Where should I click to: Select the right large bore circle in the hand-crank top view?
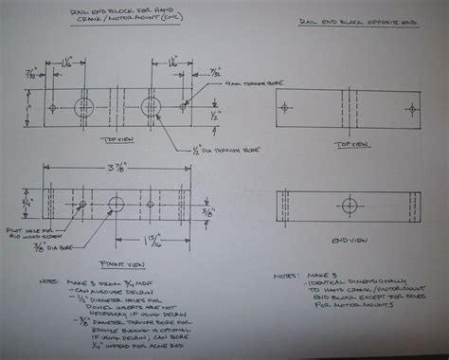152,103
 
